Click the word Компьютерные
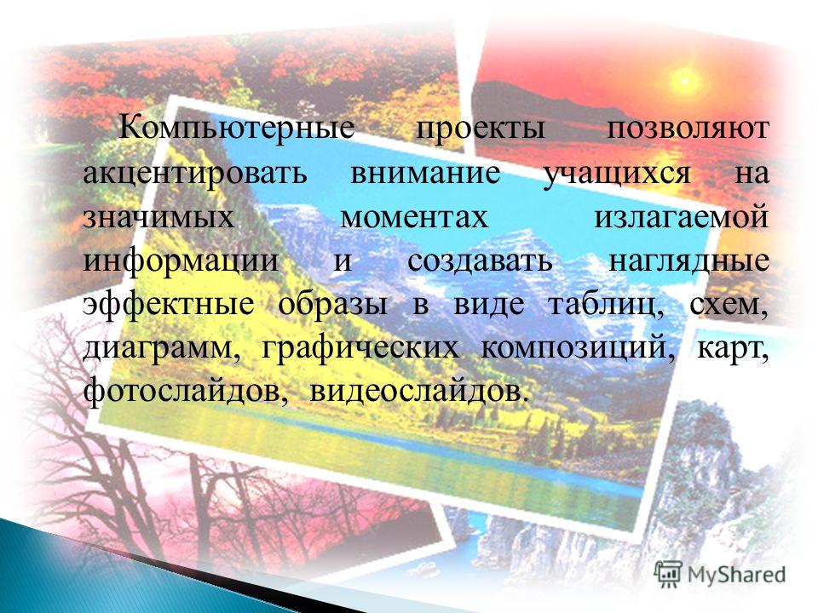pyautogui.click(x=237, y=128)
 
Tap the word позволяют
pyautogui.click(x=688, y=129)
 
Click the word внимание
pyautogui.click(x=425, y=173)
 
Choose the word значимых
pyautogui.click(x=158, y=217)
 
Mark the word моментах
pyautogui.click(x=414, y=217)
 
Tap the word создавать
pyautogui.click(x=480, y=261)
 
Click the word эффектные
pyautogui.click(x=168, y=305)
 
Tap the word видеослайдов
pyautogui.click(x=416, y=391)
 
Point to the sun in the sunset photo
pyautogui.click(x=685, y=81)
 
